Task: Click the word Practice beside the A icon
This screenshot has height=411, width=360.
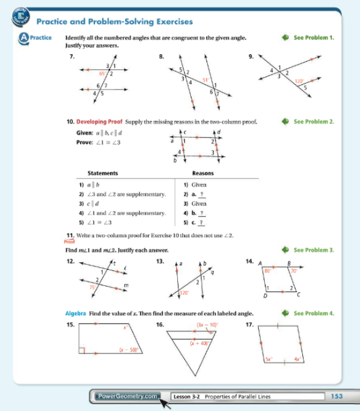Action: [41, 38]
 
